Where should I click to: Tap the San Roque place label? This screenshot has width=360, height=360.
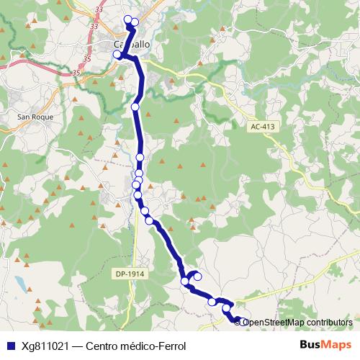32,116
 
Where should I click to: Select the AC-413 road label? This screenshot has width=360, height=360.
263,127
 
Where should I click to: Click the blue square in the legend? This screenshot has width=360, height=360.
9,346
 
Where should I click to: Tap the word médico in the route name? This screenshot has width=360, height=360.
141,346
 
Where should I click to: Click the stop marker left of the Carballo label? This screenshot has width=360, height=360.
117,54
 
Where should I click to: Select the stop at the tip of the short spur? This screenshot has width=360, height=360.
197,276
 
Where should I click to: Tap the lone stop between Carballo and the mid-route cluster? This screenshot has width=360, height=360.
135,107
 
